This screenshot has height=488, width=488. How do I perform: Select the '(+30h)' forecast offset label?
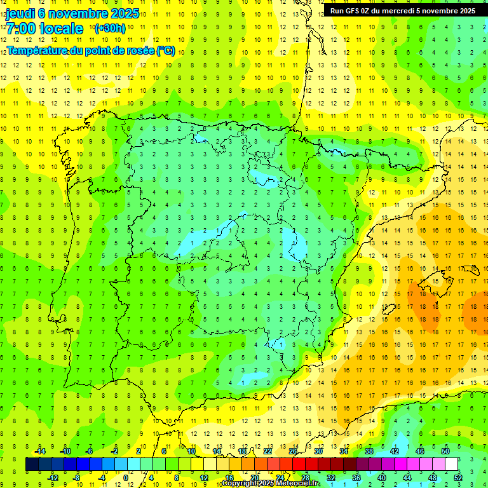[x=110, y=29]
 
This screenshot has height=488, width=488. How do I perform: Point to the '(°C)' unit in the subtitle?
[x=166, y=50]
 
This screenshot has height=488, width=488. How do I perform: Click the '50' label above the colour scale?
[x=445, y=451]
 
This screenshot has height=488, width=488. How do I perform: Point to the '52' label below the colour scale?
[x=458, y=477]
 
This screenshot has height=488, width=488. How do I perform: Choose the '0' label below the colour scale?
[x=126, y=477]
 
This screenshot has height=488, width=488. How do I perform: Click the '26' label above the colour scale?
[x=292, y=451]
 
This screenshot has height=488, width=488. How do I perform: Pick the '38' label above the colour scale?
[x=369, y=451]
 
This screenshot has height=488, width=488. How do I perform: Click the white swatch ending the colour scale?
[x=451, y=464]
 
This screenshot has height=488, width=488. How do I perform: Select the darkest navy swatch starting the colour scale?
[x=32, y=464]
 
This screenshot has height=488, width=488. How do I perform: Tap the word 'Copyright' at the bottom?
[x=240, y=484]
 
